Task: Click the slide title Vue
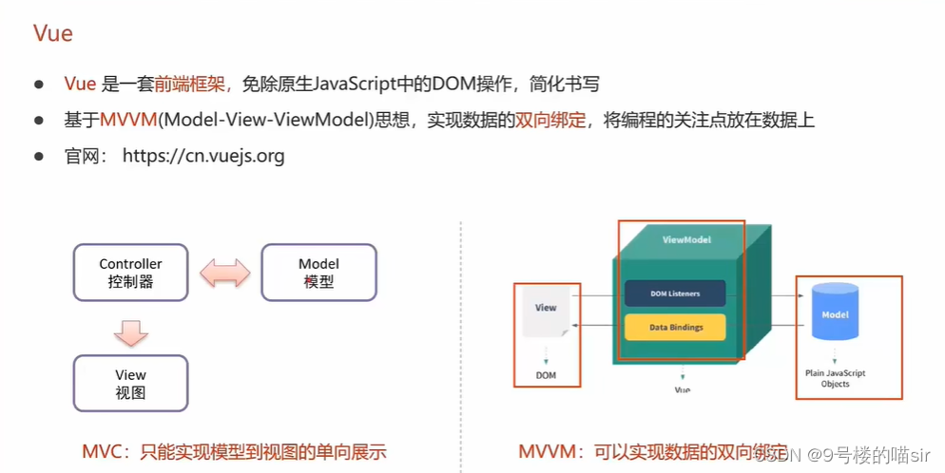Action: tap(53, 34)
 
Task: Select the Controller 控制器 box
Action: tap(130, 273)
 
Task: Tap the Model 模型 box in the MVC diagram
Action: tap(318, 273)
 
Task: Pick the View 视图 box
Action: tap(130, 383)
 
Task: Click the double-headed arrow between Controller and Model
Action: tap(224, 274)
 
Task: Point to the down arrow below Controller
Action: tap(131, 332)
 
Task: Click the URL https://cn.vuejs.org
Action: tap(203, 156)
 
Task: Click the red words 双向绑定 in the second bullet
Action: tap(550, 120)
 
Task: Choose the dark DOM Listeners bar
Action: tap(675, 293)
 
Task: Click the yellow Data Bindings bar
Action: tap(676, 327)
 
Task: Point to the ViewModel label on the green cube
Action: tap(685, 240)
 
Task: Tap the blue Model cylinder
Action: tap(835, 314)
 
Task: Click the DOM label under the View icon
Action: tap(546, 375)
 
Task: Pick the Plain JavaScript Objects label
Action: tap(835, 378)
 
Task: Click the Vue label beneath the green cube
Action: tap(682, 389)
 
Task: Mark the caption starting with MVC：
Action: tap(234, 452)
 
